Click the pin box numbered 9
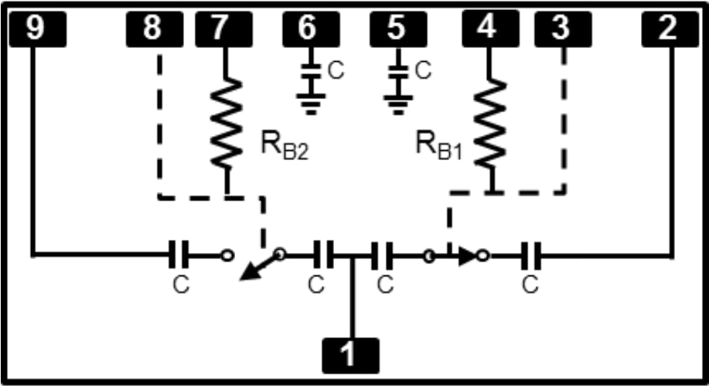(36, 29)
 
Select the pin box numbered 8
(153, 29)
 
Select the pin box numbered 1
(350, 355)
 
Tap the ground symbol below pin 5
(398, 101)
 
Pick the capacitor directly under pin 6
(311, 70)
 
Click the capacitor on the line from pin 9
(179, 253)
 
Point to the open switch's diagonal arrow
(255, 268)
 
